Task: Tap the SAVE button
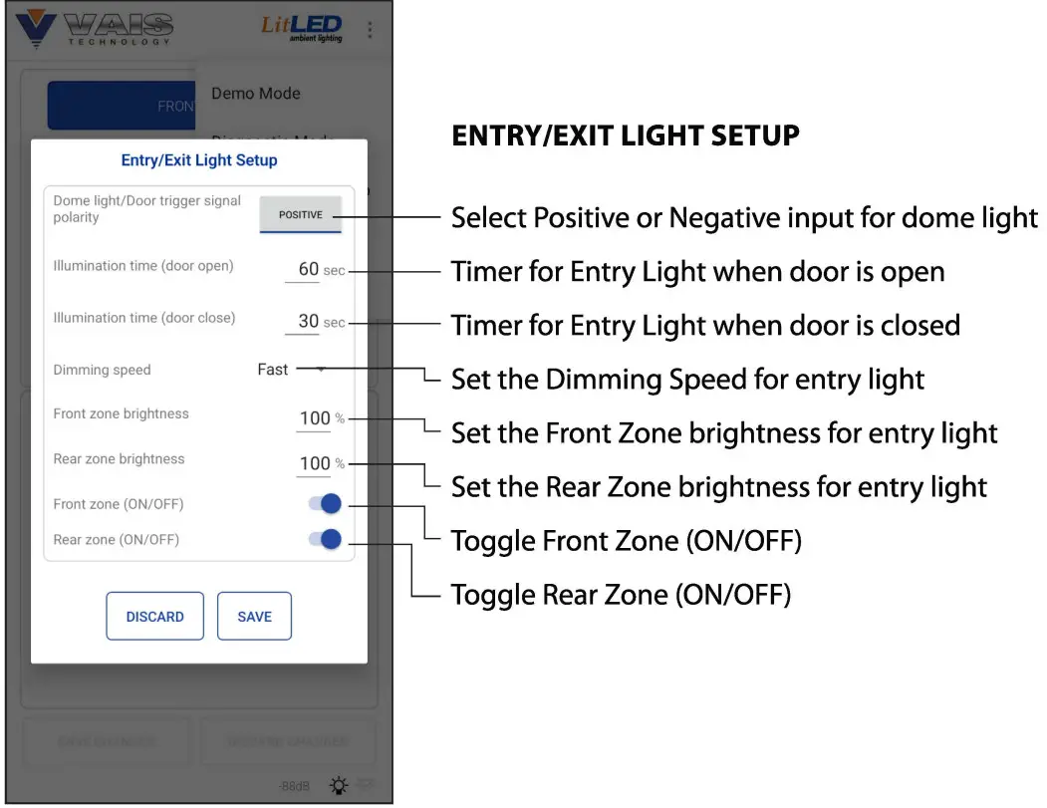(254, 617)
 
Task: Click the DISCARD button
(154, 617)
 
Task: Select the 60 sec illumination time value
(309, 269)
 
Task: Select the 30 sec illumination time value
(309, 321)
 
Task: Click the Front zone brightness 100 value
(315, 418)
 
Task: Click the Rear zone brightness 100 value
(315, 463)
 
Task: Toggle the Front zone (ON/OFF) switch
(325, 504)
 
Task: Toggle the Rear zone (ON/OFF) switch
(325, 540)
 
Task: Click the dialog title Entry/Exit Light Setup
(199, 160)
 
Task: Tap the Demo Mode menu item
(256, 94)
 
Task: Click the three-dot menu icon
(370, 30)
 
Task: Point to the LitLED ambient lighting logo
(301, 28)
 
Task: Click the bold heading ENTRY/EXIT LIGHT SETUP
(626, 135)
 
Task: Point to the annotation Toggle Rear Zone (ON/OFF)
(621, 596)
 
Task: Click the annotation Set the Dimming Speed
(687, 380)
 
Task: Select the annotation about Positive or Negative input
(743, 217)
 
